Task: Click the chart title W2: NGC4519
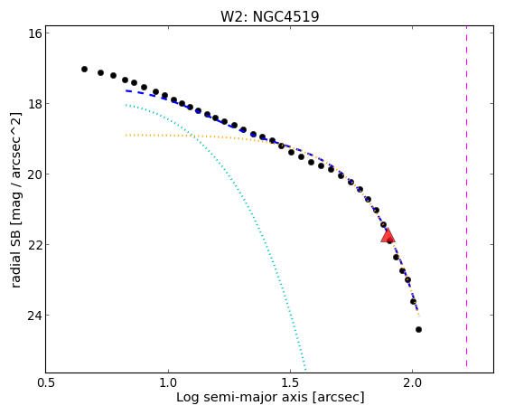[269, 16]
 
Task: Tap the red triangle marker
[388, 235]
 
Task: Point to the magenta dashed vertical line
[466, 200]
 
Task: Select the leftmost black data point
[84, 69]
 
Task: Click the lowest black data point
[418, 329]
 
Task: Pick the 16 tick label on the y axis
[35, 33]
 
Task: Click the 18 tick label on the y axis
[35, 103]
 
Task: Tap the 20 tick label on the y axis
[35, 174]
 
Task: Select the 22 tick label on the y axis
[35, 244]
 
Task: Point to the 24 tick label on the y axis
[35, 315]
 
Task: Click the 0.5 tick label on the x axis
[46, 382]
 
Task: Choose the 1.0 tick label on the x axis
[168, 382]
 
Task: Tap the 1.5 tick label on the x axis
[291, 382]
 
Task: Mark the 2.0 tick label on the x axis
[413, 382]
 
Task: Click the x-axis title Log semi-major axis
[242, 397]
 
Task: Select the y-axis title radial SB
[15, 254]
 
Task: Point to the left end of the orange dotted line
[126, 135]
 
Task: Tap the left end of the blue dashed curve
[126, 91]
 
